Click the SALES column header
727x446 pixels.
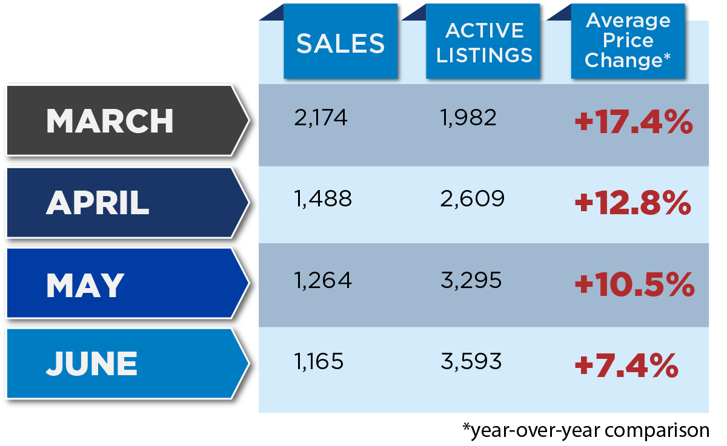[340, 42]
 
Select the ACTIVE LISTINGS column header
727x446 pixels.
[484, 42]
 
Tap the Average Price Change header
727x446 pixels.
[628, 41]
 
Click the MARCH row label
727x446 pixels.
[110, 121]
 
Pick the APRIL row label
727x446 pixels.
[98, 203]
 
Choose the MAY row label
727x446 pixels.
[85, 284]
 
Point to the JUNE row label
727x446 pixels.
[92, 364]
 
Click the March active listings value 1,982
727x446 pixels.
[468, 117]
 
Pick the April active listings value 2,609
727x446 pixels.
[472, 199]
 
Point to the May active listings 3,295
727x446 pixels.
[471, 281]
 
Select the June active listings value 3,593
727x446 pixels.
[471, 362]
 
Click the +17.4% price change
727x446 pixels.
[633, 123]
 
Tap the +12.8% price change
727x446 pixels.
[633, 204]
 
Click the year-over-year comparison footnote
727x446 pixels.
[585, 430]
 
